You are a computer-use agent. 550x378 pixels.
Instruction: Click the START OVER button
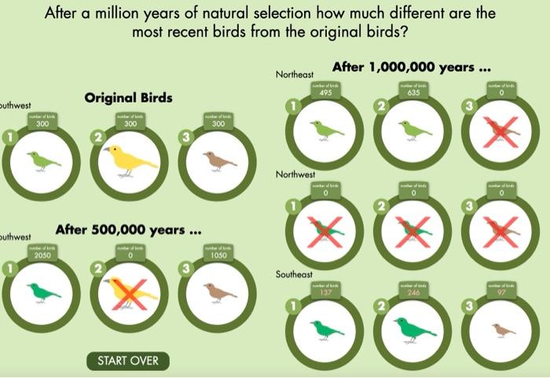127,361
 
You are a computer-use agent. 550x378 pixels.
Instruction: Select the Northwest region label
295,174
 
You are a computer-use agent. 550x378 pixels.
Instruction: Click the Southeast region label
294,274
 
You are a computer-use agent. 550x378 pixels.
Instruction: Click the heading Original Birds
128,99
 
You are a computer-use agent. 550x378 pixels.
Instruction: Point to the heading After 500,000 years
129,231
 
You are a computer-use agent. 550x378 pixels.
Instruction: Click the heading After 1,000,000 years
412,67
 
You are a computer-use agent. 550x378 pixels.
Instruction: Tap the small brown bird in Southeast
502,330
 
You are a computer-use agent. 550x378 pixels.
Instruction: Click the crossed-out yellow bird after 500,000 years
131,292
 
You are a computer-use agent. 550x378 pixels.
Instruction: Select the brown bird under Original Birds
219,161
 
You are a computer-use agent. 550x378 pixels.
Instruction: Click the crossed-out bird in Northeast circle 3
500,131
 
